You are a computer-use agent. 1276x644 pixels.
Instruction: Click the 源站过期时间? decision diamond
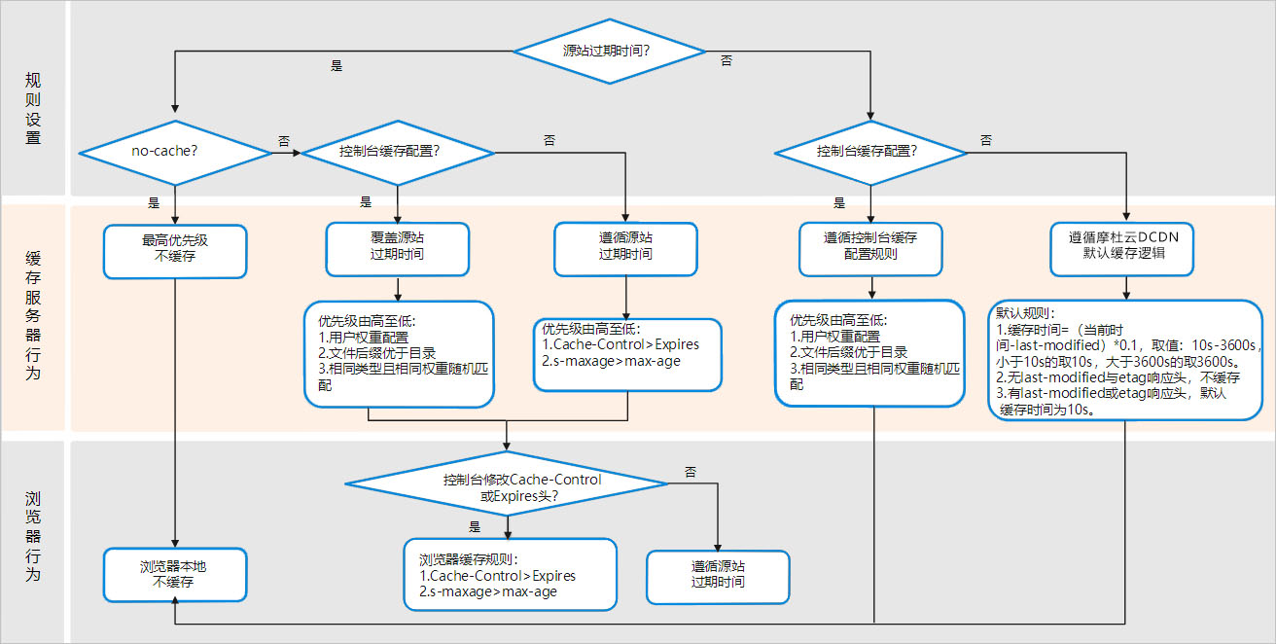[x=609, y=50]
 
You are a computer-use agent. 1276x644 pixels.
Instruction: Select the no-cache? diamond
[x=174, y=152]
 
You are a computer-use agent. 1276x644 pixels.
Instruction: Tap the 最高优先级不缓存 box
[x=175, y=252]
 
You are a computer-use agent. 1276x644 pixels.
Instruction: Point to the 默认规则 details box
[x=1124, y=360]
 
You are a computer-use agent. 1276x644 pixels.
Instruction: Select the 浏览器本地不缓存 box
[x=174, y=574]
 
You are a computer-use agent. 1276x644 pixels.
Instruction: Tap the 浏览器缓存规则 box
[x=511, y=574]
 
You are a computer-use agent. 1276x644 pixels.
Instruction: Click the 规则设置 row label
[x=33, y=107]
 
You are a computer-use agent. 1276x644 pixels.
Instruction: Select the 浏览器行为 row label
[x=33, y=536]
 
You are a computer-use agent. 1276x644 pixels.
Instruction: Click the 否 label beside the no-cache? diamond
[x=284, y=141]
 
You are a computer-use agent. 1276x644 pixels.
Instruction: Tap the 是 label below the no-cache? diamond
[x=153, y=202]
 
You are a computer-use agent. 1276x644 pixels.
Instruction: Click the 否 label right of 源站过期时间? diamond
[x=726, y=60]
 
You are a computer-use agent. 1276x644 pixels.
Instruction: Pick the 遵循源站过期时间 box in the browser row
[x=718, y=574]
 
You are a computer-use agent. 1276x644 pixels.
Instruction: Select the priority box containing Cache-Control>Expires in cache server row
[x=627, y=355]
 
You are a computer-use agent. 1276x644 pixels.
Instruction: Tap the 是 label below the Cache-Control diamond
[x=475, y=526]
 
